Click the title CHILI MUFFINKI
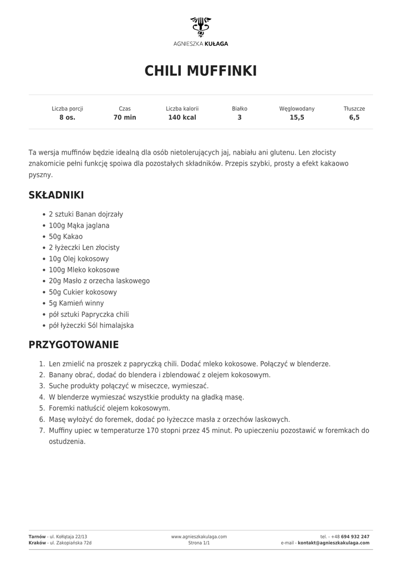201,71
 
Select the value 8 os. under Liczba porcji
67,117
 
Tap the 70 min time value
125,117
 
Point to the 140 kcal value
182,117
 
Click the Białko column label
240,109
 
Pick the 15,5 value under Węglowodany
297,117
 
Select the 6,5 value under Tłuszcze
354,117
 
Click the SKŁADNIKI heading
56,195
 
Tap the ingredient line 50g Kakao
65,236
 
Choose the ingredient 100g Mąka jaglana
79,225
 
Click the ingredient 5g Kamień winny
76,303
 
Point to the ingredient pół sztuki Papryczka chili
89,314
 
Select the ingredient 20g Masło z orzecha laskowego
99,281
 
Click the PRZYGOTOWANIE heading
73,344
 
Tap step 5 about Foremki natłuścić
109,408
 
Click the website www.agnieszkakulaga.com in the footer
199,537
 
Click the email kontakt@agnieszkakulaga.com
334,543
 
